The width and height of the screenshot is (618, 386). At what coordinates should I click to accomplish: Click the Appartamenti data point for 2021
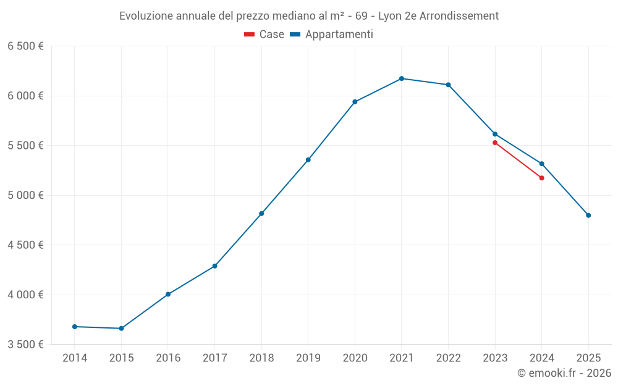(402, 78)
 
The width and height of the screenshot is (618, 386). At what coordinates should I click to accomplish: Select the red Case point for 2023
(495, 143)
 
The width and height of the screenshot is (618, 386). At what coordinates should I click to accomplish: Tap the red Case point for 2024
(542, 178)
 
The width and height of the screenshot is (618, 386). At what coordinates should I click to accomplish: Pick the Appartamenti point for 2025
(588, 216)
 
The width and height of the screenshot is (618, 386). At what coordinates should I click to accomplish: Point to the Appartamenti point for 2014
(75, 327)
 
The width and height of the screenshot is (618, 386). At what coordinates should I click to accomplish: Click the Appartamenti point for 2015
(121, 329)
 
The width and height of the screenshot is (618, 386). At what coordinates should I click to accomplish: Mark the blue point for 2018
(261, 214)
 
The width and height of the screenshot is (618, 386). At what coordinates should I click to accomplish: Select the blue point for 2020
(355, 102)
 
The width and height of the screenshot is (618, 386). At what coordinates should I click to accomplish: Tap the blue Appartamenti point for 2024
(542, 164)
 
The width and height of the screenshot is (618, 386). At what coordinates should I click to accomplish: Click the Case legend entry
(265, 35)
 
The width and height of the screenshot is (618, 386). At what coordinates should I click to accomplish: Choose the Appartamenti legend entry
(332, 35)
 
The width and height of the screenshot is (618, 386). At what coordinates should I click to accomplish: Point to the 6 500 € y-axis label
(25, 46)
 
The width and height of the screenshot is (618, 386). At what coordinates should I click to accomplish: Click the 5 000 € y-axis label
(25, 195)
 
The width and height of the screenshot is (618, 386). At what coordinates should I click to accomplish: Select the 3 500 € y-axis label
(25, 345)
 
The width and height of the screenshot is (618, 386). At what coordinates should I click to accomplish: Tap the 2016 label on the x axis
(168, 358)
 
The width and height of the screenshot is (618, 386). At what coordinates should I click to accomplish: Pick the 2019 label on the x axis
(308, 358)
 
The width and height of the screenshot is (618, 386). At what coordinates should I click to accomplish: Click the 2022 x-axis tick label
(448, 358)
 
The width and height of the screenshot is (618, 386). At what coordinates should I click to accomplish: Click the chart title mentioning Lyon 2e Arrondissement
(309, 16)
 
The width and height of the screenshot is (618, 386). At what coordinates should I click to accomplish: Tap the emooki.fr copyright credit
(564, 373)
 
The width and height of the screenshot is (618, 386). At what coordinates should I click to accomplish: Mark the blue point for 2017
(214, 266)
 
